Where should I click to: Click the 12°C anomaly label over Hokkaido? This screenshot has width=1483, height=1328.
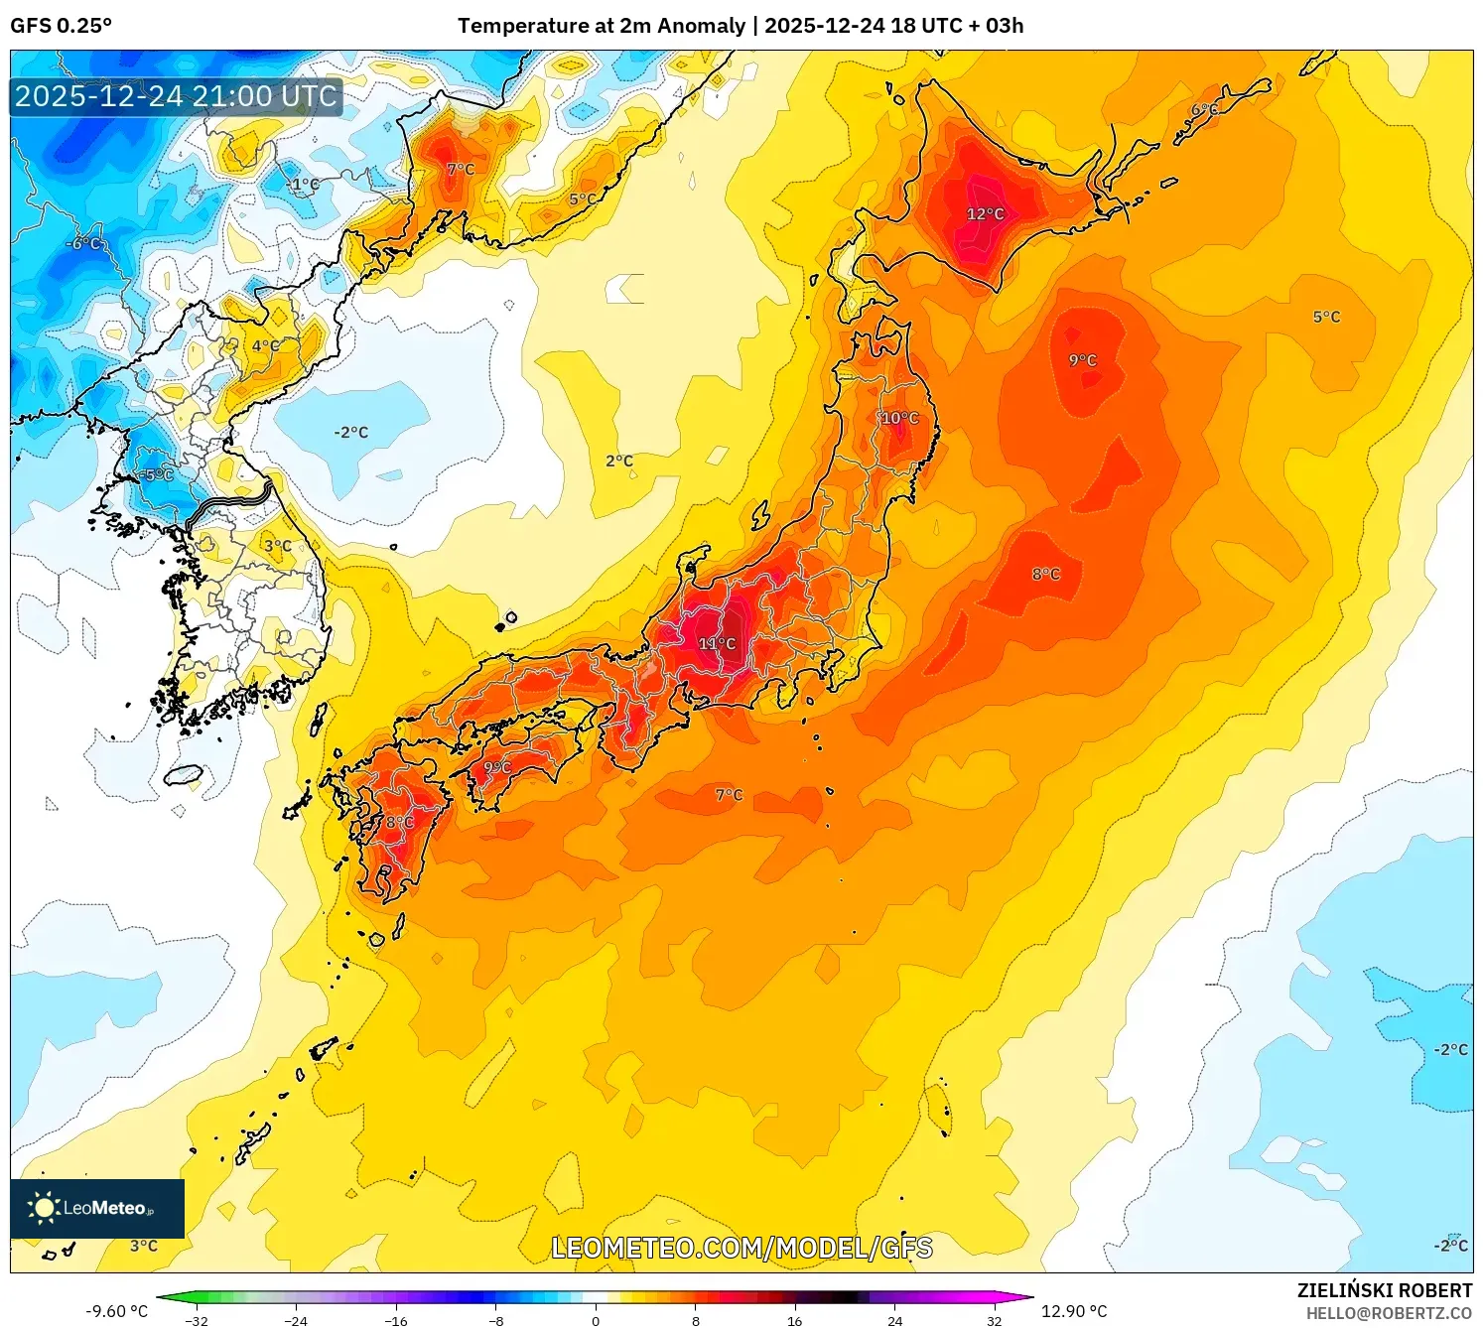point(985,214)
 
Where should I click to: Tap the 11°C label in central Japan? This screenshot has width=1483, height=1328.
point(717,644)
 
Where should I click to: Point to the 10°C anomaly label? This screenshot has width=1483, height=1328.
point(899,419)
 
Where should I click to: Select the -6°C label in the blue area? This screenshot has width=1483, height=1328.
point(83,244)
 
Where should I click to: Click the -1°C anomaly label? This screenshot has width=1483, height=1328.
point(303,185)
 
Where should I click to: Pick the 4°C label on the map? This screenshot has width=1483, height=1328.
point(265,346)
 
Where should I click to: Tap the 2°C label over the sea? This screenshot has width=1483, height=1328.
point(619,462)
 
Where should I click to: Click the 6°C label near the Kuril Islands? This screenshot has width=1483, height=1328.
point(1204,110)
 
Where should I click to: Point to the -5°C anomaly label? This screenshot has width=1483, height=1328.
point(156,475)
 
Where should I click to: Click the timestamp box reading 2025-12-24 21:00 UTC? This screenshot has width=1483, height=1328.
point(176,96)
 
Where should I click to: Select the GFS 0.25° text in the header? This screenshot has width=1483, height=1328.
point(62,26)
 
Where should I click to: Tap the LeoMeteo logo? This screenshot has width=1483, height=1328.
point(97,1208)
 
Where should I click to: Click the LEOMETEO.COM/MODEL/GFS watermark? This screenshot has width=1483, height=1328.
point(741,1248)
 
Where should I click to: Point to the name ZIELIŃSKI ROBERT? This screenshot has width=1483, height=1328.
point(1384,1290)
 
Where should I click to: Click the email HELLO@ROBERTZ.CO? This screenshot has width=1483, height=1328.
point(1388,1313)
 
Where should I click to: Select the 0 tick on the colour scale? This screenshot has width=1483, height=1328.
point(596,1320)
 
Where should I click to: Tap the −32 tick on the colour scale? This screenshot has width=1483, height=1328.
point(197,1320)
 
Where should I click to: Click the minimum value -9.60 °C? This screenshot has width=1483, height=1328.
point(116,1311)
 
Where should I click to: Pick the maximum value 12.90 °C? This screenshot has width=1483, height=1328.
point(1074,1311)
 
